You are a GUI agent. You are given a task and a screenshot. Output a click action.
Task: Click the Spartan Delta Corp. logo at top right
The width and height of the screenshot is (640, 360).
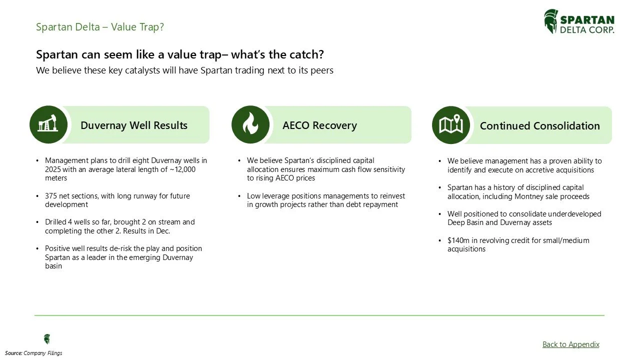coord(579,22)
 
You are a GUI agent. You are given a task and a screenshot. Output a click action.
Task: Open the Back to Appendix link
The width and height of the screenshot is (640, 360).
coord(570,344)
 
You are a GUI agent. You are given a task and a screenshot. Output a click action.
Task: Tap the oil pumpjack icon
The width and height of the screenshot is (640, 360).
coord(48,124)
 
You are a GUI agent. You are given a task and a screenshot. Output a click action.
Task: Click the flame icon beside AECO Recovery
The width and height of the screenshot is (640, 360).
coord(250,124)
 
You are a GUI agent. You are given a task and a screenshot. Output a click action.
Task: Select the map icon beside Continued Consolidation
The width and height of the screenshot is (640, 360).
coord(450,125)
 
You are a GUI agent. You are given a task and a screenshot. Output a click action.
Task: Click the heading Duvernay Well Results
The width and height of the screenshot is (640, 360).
coord(133,125)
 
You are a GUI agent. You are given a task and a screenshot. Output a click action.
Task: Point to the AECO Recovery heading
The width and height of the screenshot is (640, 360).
coord(319,125)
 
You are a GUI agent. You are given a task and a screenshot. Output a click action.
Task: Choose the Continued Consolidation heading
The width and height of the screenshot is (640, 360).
coord(539,126)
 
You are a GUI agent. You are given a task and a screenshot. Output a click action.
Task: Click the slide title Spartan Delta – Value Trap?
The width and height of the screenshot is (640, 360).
coord(100,27)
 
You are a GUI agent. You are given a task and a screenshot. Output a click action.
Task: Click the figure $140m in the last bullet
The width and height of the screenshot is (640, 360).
coord(457,240)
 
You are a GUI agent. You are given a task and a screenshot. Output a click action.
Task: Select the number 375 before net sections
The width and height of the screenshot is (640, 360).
coord(51,196)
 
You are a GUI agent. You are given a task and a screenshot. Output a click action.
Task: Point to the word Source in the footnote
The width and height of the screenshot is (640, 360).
coord(13,353)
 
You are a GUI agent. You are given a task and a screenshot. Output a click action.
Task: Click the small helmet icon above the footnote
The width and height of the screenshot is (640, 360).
coord(47,339)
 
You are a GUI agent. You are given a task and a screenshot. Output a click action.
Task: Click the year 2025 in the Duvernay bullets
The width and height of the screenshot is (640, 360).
coord(53,169)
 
